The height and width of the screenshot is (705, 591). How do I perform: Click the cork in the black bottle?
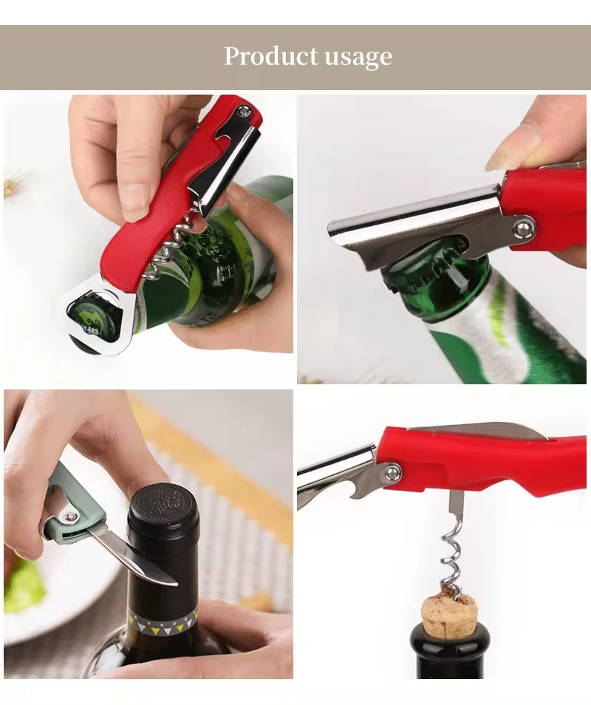[449, 616]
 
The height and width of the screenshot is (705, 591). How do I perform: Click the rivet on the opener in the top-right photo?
[524, 227]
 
